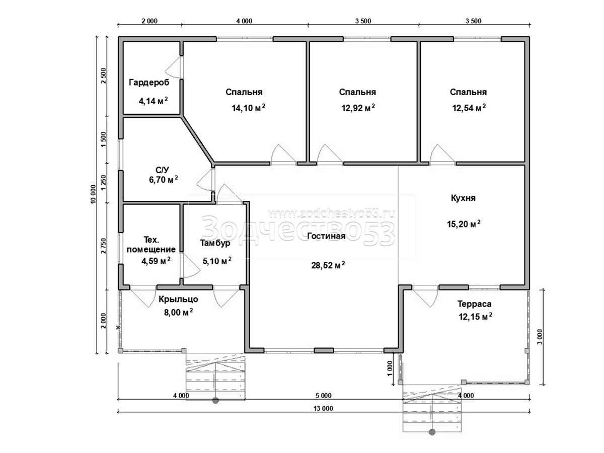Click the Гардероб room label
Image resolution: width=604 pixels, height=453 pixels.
tap(149, 83)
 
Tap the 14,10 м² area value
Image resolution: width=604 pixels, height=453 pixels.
tap(248, 108)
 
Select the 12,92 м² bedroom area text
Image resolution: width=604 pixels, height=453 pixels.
tap(358, 108)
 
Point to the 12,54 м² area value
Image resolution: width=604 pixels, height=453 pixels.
tap(469, 108)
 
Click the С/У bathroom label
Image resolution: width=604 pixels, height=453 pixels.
tap(163, 170)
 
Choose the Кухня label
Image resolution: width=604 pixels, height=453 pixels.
tap(463, 198)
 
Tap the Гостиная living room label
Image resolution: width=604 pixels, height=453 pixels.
tap(326, 236)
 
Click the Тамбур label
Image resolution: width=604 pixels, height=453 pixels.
tap(215, 244)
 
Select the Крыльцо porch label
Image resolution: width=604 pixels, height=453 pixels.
tap(178, 299)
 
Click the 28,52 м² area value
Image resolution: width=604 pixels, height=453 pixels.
tap(328, 265)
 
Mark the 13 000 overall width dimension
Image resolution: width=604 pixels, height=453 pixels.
tap(323, 408)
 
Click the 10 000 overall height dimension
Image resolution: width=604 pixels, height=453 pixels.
tap(94, 194)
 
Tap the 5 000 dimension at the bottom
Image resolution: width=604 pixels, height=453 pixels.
tap(323, 396)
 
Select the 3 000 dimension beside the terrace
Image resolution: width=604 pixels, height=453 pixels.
tap(540, 337)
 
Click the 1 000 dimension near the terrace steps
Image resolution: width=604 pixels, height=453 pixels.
tap(390, 368)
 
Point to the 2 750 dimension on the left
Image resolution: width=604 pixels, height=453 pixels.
tap(103, 246)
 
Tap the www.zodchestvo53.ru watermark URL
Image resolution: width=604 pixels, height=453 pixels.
tap(332, 214)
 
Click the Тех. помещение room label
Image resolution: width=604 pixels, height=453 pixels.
tap(151, 245)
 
